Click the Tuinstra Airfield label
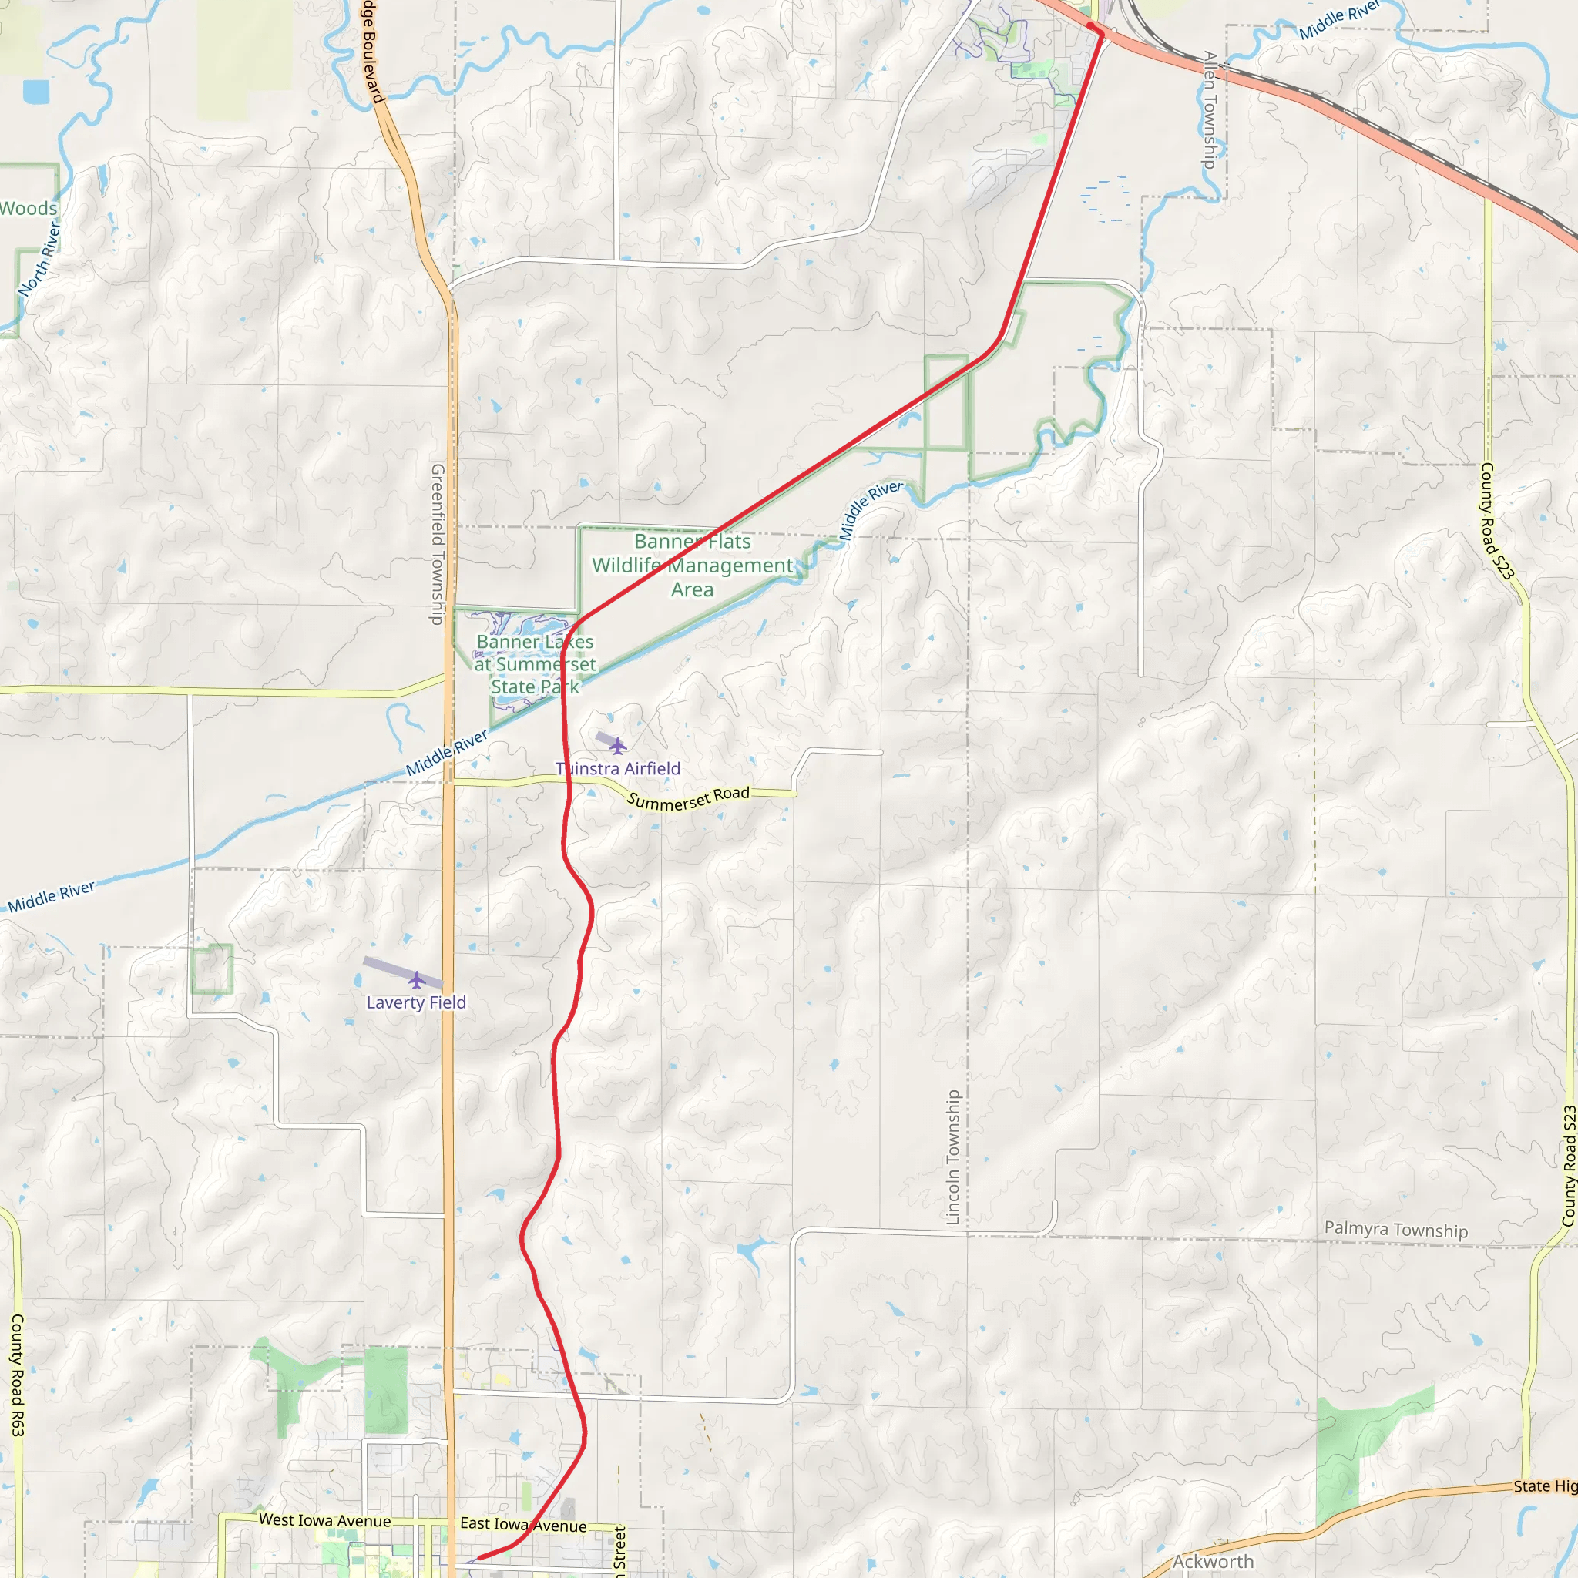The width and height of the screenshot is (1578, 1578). point(617,768)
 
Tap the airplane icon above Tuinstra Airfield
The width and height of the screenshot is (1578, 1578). point(617,746)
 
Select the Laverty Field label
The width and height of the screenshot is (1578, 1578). point(416,1002)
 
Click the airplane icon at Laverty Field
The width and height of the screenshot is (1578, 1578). point(417,979)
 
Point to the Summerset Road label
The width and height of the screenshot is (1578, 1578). point(688,798)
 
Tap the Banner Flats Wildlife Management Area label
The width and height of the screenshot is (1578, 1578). point(692,566)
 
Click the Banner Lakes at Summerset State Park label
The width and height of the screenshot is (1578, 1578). point(535,664)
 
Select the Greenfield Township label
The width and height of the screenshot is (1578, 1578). point(438,544)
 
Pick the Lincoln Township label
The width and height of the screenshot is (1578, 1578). point(952,1157)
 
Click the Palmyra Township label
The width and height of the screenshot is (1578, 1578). point(1396,1229)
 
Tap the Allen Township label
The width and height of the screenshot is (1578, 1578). point(1210,109)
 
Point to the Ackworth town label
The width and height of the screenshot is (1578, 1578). point(1213,1561)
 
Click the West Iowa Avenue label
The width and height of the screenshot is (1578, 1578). point(324,1520)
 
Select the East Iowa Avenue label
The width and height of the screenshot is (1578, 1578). point(522,1524)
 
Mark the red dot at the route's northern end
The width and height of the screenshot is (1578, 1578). point(1091,26)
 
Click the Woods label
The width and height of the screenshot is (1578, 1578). point(29,208)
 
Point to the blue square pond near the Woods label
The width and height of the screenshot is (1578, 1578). point(36,92)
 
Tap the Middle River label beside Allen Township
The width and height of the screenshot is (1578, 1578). point(1338,19)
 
